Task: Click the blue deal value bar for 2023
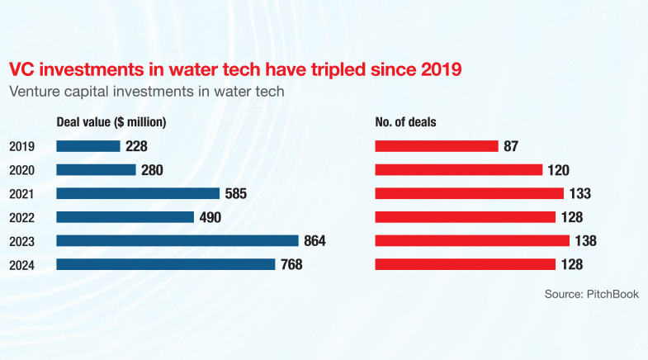coord(177,240)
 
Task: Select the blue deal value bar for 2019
coord(88,146)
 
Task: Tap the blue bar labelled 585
coord(138,193)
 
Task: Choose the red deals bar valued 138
coord(472,240)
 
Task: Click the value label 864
coord(315,241)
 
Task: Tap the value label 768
coord(291,265)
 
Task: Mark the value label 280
coord(152,170)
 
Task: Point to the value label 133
coord(580,194)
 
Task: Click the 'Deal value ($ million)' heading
coord(111,122)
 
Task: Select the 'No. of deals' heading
coord(405,122)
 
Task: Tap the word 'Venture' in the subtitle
coord(35,92)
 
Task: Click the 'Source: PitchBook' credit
coord(591,294)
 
